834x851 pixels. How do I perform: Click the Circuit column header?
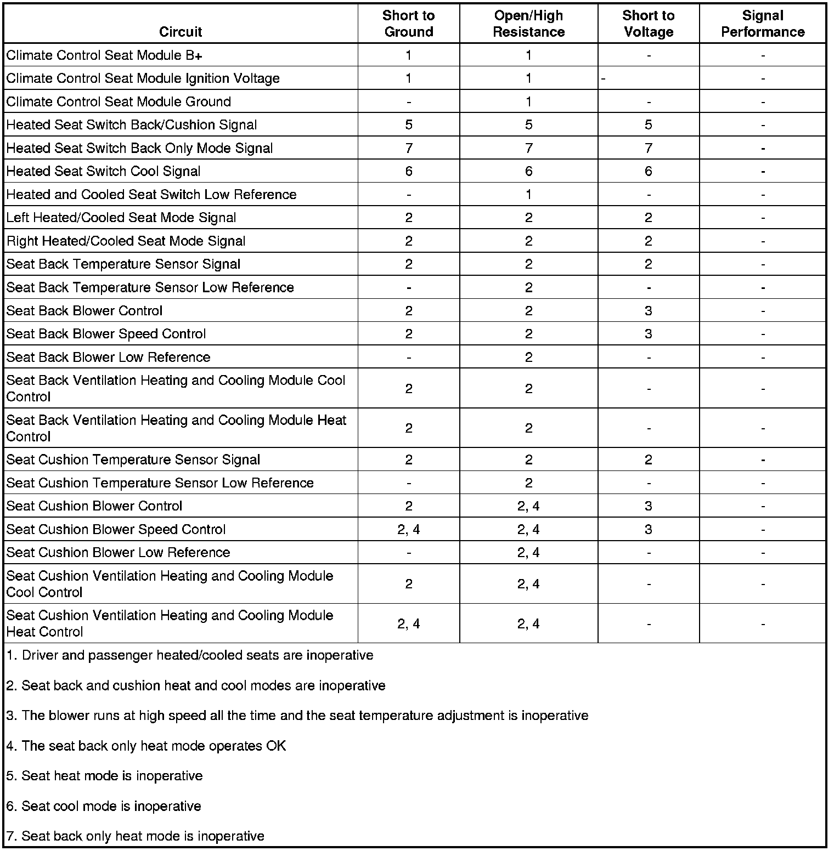tap(181, 32)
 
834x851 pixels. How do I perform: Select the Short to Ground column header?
tap(409, 24)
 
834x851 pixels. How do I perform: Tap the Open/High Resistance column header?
tap(528, 24)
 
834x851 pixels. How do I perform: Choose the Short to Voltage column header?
tap(649, 24)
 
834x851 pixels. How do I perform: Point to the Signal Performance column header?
tap(763, 24)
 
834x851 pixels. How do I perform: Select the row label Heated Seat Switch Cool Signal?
tap(103, 172)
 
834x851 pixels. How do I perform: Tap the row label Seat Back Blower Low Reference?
tap(108, 358)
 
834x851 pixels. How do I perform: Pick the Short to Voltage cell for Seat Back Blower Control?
tap(649, 311)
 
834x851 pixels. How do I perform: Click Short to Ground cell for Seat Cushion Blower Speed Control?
tap(409, 530)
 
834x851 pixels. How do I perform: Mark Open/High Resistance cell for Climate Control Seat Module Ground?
tap(528, 102)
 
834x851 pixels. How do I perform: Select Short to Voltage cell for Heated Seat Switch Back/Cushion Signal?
tap(649, 125)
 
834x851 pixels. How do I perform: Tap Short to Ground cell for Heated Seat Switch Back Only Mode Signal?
tap(409, 149)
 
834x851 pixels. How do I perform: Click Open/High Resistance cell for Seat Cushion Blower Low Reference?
tap(528, 553)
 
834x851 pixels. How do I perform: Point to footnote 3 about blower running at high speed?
tap(297, 716)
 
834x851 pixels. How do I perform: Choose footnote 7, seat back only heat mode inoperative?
tap(136, 836)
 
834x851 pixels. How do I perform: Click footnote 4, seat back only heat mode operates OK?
tap(146, 746)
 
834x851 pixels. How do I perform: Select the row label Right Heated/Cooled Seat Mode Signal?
tap(126, 241)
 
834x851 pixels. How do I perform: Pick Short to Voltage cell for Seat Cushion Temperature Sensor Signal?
tap(649, 460)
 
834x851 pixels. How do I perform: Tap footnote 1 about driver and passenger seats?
tap(190, 656)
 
